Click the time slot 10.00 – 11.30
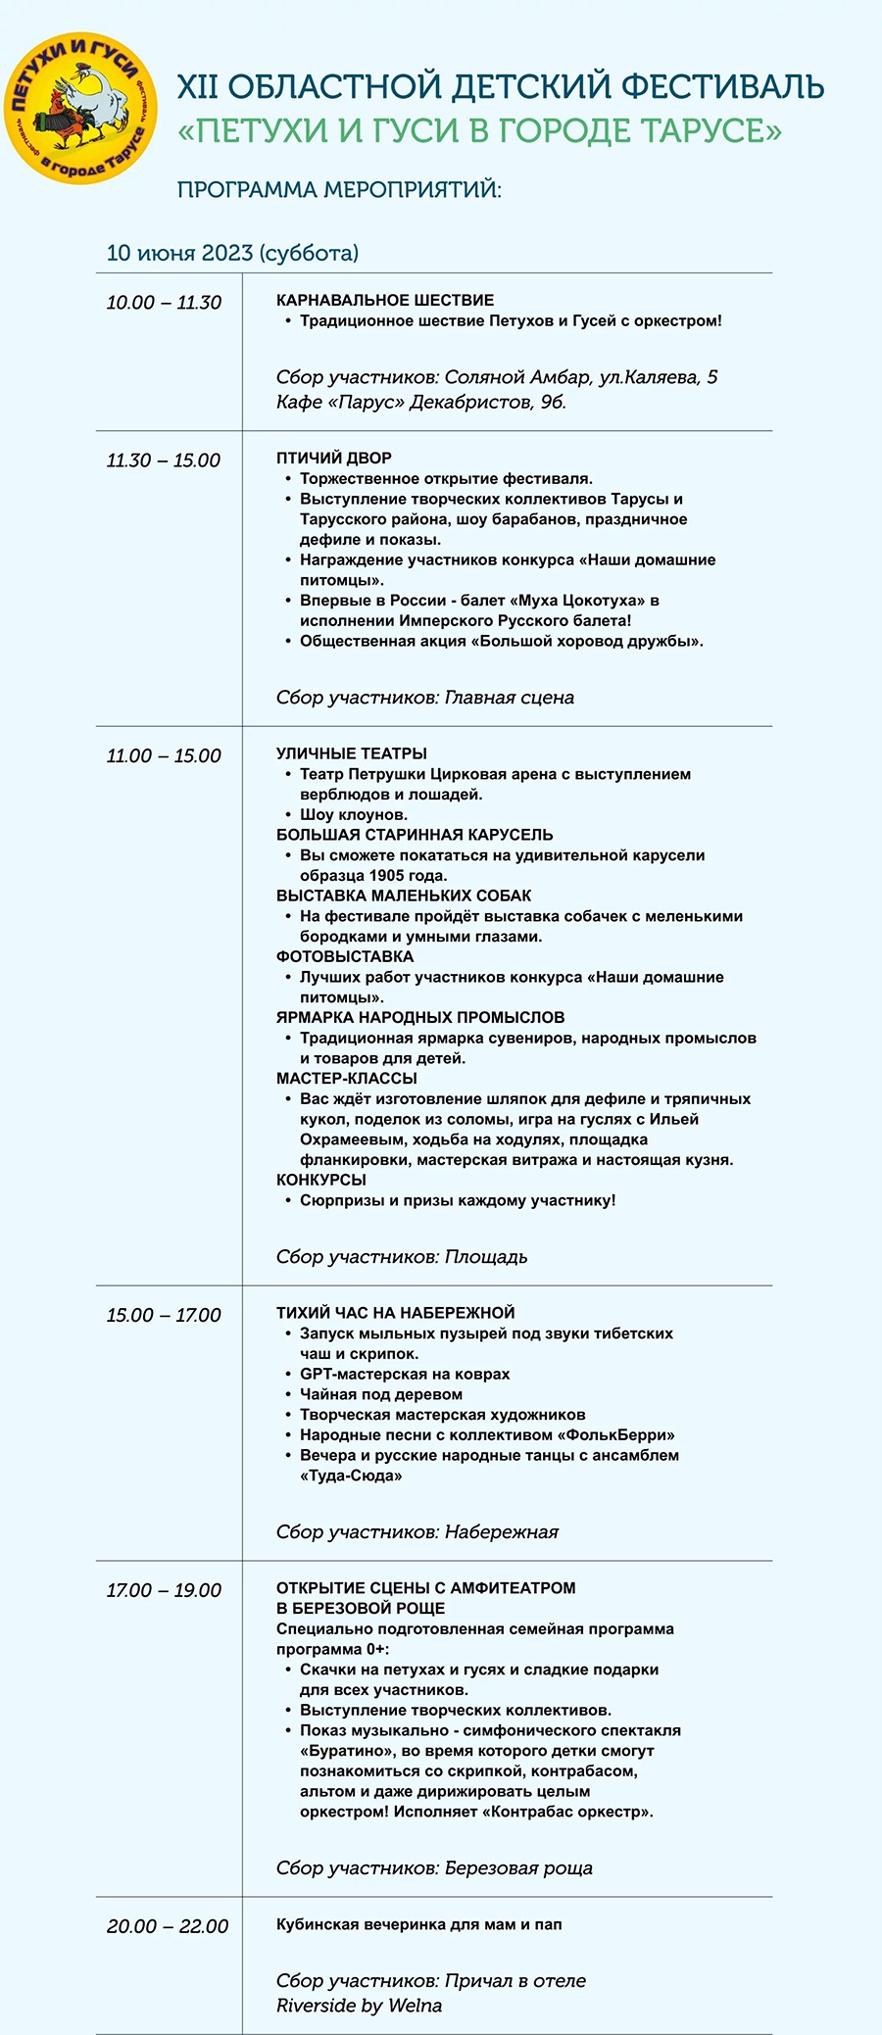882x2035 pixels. pos(164,303)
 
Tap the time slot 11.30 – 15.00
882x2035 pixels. pos(164,460)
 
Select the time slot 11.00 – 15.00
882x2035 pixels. pos(164,755)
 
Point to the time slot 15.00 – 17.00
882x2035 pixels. pos(164,1315)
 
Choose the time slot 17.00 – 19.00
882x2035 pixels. pos(164,1590)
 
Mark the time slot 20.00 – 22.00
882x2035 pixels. pos(168,1926)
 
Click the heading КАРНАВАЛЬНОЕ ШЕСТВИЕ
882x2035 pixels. pos(385,300)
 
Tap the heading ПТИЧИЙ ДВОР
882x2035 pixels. pos(334,458)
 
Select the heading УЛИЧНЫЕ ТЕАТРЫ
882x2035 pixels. pos(352,753)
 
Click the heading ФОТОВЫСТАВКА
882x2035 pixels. pos(345,956)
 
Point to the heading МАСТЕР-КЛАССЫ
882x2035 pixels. pos(347,1078)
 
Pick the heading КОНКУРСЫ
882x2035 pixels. pos(321,1180)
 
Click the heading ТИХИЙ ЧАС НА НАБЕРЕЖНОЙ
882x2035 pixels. pos(395,1313)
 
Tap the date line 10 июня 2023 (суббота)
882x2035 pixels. pos(232,253)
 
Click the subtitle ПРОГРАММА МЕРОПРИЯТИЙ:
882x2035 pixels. pos(339,189)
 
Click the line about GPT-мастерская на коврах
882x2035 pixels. pos(405,1374)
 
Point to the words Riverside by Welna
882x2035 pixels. pos(359,2005)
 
